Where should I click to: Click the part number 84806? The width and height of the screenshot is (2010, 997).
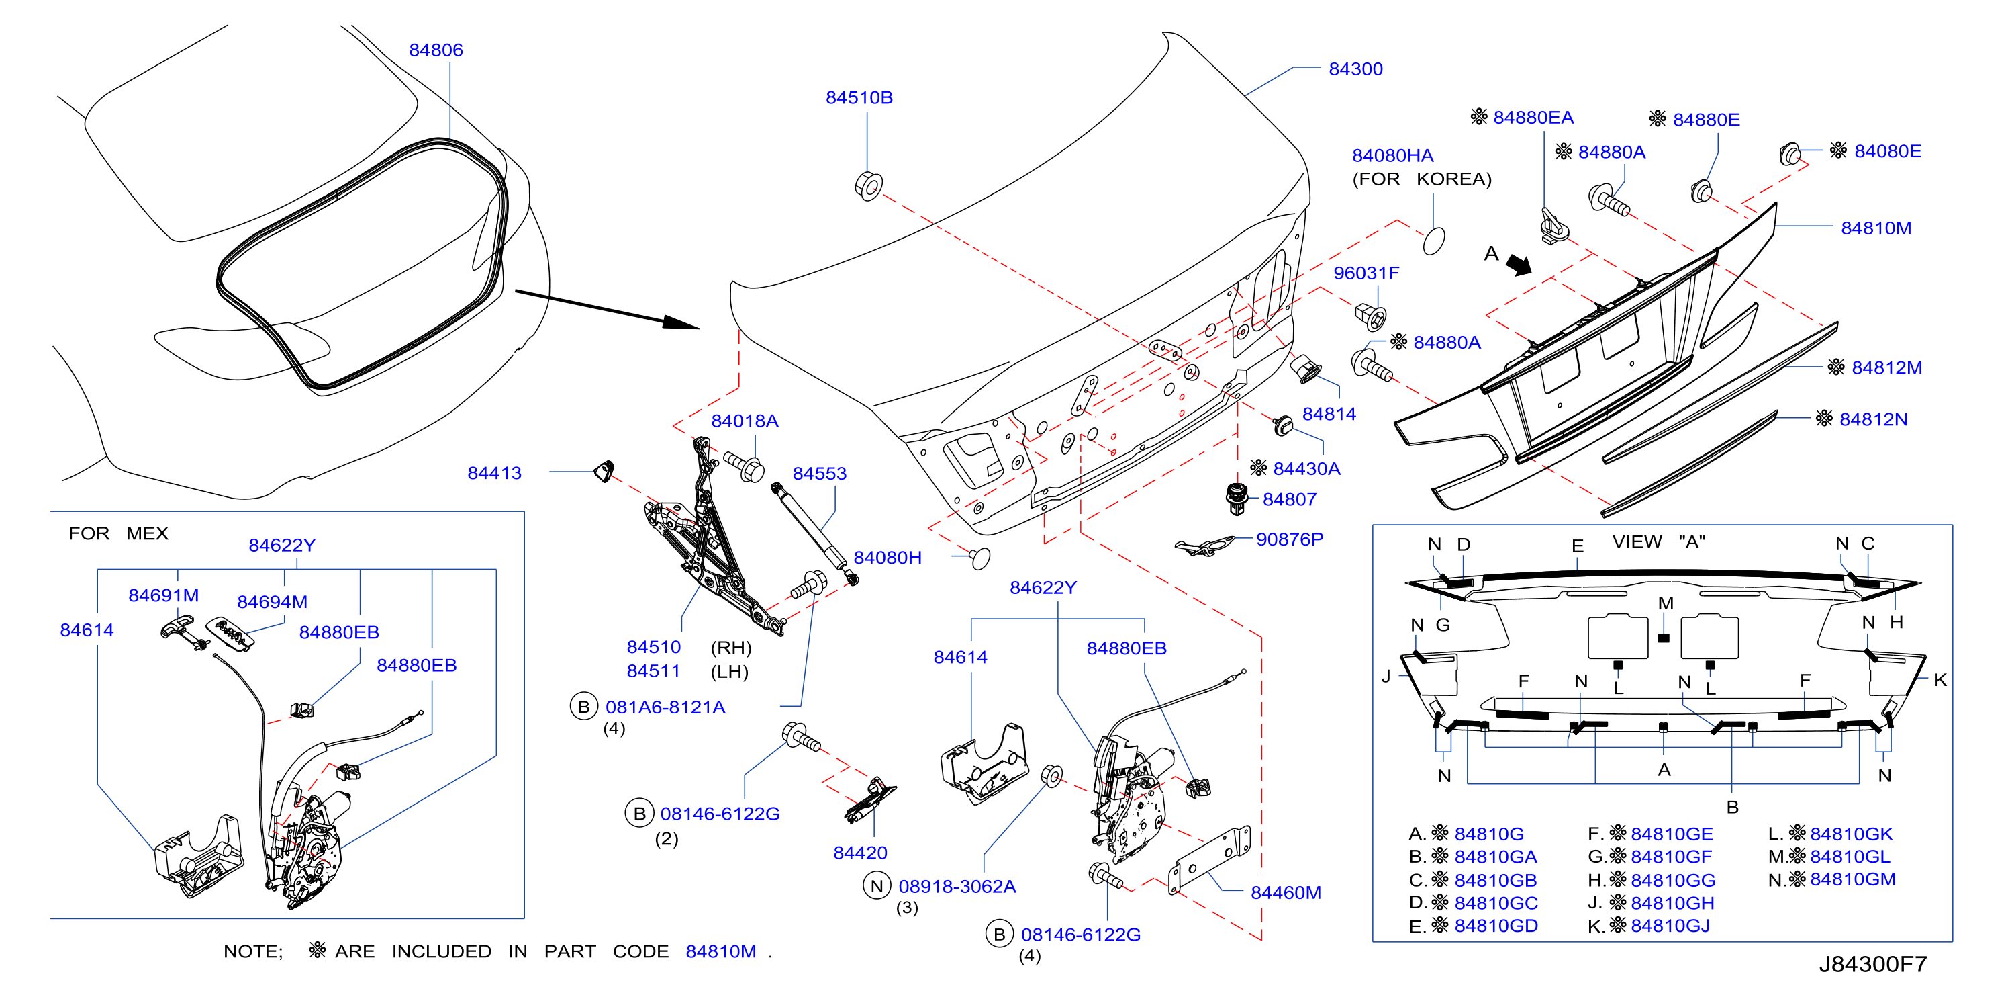pyautogui.click(x=436, y=50)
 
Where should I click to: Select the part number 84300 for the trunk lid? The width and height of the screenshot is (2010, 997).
pyautogui.click(x=1355, y=69)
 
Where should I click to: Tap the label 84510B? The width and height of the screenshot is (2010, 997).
pyautogui.click(x=859, y=97)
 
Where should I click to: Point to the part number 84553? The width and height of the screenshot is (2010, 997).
pyautogui.click(x=819, y=473)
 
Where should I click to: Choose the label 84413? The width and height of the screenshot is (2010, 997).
pyautogui.click(x=494, y=472)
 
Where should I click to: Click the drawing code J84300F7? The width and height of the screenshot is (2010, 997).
pyautogui.click(x=1872, y=964)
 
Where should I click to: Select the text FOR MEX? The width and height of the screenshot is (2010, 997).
pyautogui.click(x=119, y=533)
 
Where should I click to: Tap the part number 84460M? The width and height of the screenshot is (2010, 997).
pyautogui.click(x=1286, y=892)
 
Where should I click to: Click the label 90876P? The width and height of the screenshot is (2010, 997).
pyautogui.click(x=1289, y=539)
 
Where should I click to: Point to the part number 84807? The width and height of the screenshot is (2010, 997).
pyautogui.click(x=1289, y=499)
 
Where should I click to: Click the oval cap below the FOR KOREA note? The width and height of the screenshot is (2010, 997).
pyautogui.click(x=1434, y=241)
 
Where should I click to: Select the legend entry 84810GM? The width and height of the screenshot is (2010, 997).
pyautogui.click(x=1852, y=879)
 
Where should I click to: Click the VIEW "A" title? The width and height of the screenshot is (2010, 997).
pyautogui.click(x=1659, y=541)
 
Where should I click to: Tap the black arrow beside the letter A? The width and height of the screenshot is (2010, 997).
pyautogui.click(x=1519, y=265)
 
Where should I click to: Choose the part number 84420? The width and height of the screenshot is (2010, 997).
pyautogui.click(x=860, y=853)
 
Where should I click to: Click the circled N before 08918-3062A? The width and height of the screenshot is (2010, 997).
pyautogui.click(x=876, y=886)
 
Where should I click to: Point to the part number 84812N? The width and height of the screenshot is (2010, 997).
pyautogui.click(x=1874, y=419)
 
